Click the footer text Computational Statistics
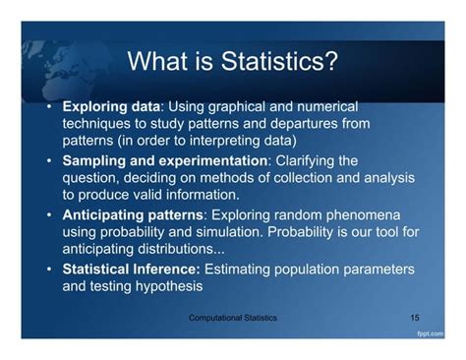pos(233,319)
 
